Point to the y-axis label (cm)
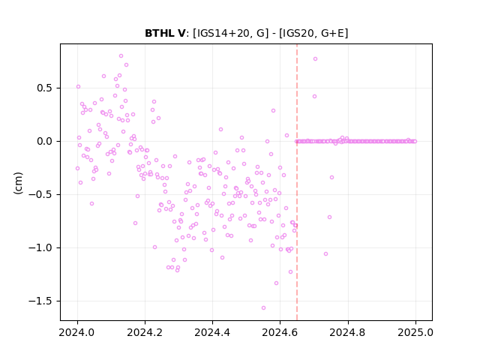coord(18,183)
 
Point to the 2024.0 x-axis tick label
coord(77,332)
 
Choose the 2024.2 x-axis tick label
coord(145,332)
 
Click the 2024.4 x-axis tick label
coord(212,332)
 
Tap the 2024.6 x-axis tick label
coord(280,332)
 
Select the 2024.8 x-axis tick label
coord(348,332)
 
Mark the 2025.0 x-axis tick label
coord(415,332)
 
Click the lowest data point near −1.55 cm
coord(263,308)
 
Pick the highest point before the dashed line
coord(121,56)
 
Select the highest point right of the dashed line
coord(315,59)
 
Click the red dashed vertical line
coord(297,182)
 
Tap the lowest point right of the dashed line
coord(326,254)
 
